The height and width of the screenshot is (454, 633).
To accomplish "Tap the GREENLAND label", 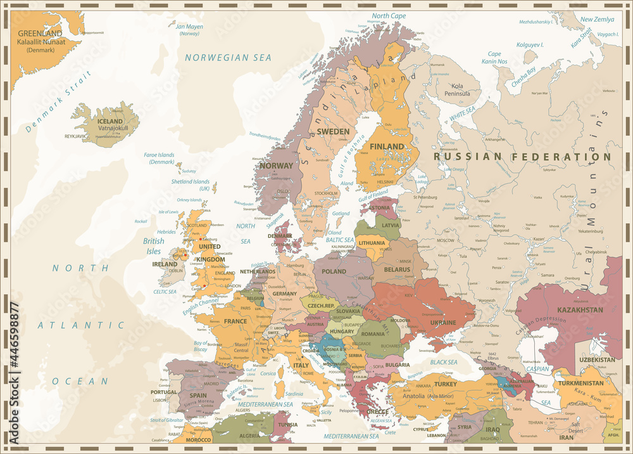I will (x=40, y=33).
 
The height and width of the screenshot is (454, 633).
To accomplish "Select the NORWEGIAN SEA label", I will (x=228, y=58).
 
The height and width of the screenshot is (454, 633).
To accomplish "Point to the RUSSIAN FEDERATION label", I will (x=522, y=156).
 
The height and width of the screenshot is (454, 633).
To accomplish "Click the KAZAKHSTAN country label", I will (x=580, y=310).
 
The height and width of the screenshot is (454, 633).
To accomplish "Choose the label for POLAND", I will (x=334, y=271).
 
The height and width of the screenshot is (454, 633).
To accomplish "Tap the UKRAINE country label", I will (x=443, y=323).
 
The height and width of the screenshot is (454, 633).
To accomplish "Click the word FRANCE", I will (x=235, y=321).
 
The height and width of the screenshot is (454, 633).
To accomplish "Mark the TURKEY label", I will (x=446, y=384).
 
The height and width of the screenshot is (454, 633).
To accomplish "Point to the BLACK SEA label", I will (x=444, y=362).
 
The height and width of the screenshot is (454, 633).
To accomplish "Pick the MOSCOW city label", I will (x=446, y=241).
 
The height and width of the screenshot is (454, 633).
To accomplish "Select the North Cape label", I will (x=389, y=16).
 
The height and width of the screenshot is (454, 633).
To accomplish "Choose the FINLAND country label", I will (x=387, y=146).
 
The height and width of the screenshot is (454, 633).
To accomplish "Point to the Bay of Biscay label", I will (x=201, y=346).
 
